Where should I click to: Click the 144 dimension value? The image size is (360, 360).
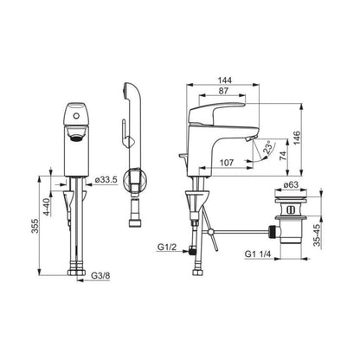225,80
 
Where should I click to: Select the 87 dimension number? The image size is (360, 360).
223,91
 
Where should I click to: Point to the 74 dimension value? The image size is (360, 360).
283,156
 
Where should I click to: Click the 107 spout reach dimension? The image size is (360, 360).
227,163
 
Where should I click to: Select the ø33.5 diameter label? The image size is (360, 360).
106,180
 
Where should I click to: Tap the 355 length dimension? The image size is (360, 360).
35,227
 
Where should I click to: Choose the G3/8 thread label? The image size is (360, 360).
100,275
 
